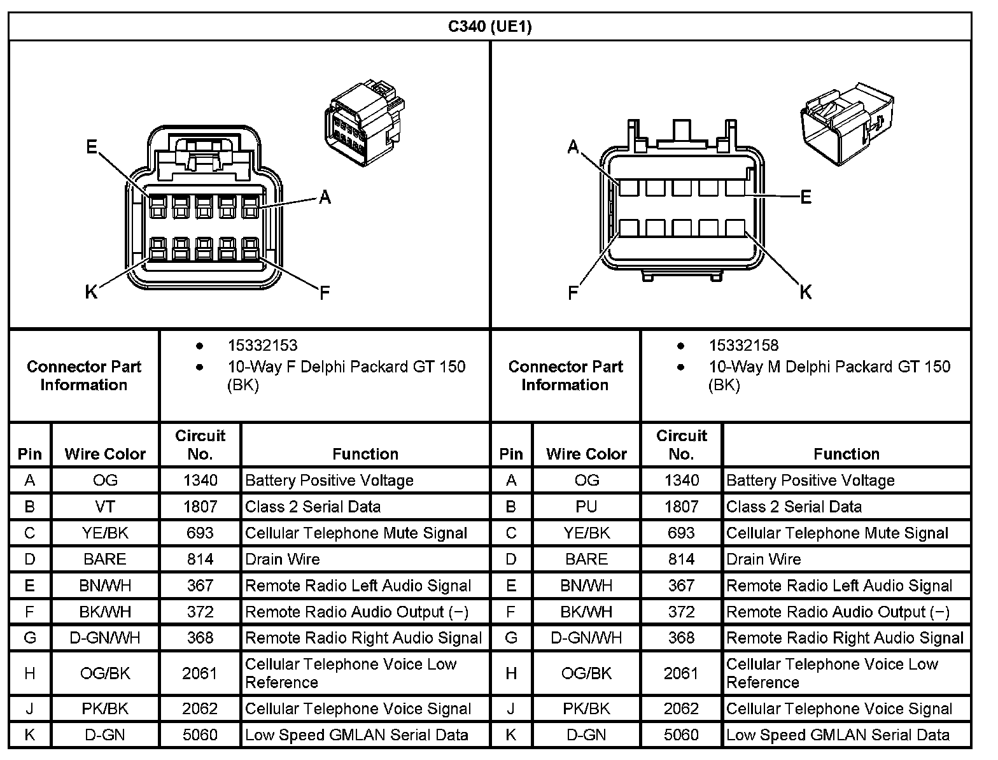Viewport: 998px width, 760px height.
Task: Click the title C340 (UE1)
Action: [489, 26]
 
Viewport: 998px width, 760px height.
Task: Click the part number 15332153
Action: [262, 346]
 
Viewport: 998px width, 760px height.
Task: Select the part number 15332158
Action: [743, 346]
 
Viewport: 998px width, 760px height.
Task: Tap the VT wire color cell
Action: [105, 507]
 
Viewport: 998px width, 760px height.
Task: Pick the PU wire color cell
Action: [586, 507]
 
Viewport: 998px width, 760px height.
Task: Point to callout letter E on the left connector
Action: [92, 148]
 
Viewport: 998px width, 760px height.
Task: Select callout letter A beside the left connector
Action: [325, 198]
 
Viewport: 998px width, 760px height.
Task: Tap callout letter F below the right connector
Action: [573, 293]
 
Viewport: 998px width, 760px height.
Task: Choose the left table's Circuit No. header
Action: [200, 444]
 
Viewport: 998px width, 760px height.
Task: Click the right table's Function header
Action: [846, 454]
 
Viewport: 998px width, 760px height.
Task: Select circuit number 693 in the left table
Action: [200, 533]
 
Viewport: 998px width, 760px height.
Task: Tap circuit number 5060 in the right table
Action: [681, 735]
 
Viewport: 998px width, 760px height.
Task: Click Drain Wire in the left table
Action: [283, 559]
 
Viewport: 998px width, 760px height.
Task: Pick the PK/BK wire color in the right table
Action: [586, 708]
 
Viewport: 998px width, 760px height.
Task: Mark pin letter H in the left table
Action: [30, 673]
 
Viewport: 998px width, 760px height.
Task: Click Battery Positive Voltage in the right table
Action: [810, 481]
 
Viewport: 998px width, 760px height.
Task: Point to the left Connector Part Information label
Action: [84, 376]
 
